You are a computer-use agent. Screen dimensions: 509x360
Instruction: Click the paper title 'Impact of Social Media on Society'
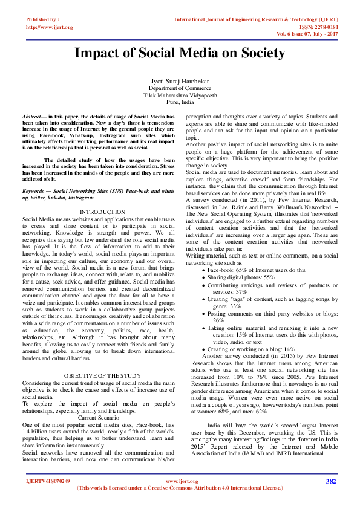coord(179,53)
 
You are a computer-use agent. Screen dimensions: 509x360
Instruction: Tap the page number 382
coord(330,498)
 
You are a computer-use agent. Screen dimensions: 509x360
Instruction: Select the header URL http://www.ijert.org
coord(50,27)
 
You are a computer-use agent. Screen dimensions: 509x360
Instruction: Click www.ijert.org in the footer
coord(179,498)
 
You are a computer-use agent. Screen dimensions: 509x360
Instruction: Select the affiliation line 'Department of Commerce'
coord(179,88)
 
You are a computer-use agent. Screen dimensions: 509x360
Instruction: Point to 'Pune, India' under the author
coord(179,103)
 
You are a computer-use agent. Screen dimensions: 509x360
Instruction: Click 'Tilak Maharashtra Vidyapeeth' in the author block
coord(179,96)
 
